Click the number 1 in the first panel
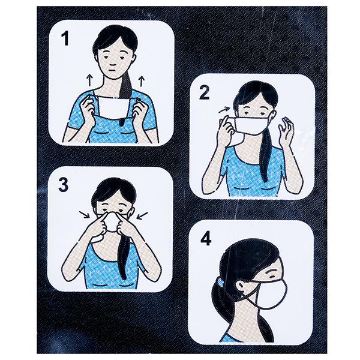65,38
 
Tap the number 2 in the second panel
204,92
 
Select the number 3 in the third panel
63,185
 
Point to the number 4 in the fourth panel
205,239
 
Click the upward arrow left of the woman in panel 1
90,80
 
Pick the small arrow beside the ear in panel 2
224,110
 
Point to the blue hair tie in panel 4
220,280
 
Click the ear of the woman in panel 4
240,286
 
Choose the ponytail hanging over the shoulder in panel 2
266,158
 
